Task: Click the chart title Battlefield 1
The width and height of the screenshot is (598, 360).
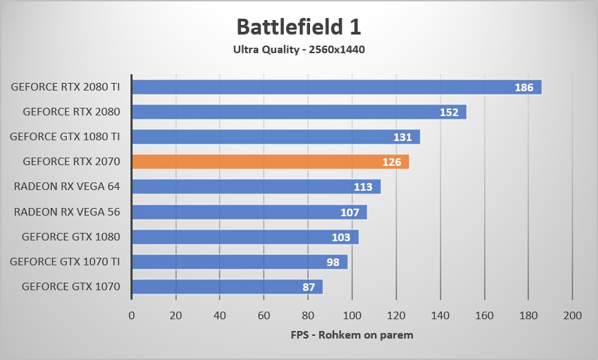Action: pyautogui.click(x=298, y=27)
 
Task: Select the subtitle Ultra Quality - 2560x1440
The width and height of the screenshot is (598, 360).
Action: pyautogui.click(x=298, y=49)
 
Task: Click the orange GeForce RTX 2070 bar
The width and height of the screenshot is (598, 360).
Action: pyautogui.click(x=270, y=162)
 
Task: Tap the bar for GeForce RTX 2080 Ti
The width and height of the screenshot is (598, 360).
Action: pyautogui.click(x=336, y=87)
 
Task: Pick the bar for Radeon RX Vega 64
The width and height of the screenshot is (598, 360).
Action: pyautogui.click(x=256, y=187)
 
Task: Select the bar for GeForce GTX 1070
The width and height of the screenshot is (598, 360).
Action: pyautogui.click(x=227, y=286)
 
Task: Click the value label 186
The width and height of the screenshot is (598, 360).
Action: pyautogui.click(x=523, y=88)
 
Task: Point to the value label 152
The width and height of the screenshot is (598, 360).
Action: pyautogui.click(x=449, y=113)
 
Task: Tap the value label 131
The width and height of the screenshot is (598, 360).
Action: pyautogui.click(x=403, y=138)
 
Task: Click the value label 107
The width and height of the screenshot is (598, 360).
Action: pyautogui.click(x=350, y=212)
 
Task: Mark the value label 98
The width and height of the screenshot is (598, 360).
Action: pyautogui.click(x=332, y=262)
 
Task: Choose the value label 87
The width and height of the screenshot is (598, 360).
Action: pyautogui.click(x=308, y=287)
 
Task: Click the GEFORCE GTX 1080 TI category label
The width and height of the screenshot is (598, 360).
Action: pyautogui.click(x=65, y=137)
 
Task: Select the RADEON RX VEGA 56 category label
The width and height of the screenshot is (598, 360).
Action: pyautogui.click(x=67, y=211)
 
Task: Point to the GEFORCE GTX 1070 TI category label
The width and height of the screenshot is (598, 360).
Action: pyautogui.click(x=65, y=261)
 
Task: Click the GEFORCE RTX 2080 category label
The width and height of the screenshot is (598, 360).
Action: pyautogui.click(x=71, y=112)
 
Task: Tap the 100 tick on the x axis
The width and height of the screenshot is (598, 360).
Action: pyautogui.click(x=352, y=316)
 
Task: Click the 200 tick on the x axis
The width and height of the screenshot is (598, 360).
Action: pyautogui.click(x=572, y=316)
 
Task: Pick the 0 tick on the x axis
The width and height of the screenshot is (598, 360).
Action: pyautogui.click(x=132, y=316)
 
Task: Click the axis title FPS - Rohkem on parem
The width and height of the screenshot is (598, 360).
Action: pyautogui.click(x=351, y=336)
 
